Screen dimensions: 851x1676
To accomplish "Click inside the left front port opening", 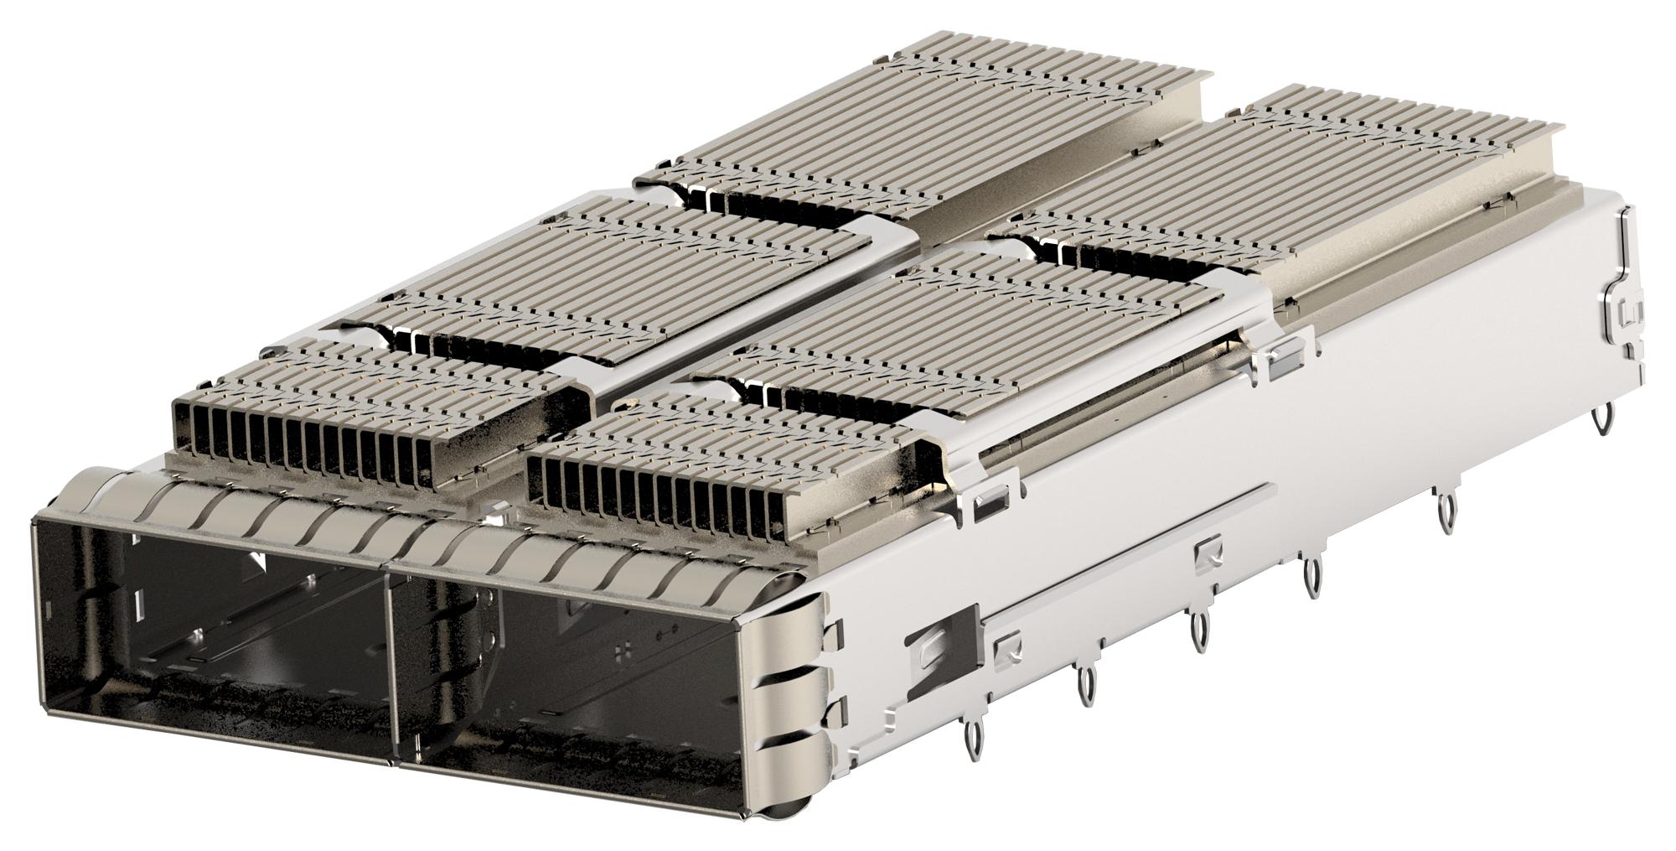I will pos(209,637).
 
